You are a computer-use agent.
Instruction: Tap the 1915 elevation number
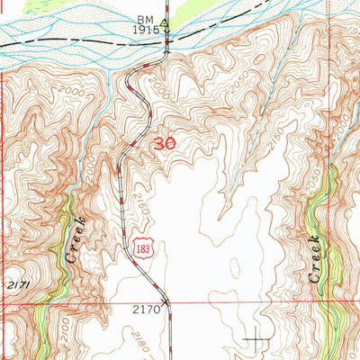pyautogui.click(x=148, y=30)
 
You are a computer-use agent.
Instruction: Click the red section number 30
pyautogui.click(x=164, y=144)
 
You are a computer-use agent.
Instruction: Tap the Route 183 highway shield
pyautogui.click(x=139, y=256)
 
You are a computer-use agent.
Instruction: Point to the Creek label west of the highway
pyautogui.click(x=75, y=239)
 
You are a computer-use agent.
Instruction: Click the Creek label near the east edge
pyautogui.click(x=314, y=260)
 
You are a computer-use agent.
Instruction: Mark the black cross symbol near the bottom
pyautogui.click(x=257, y=339)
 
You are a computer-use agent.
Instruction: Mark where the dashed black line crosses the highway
pyautogui.click(x=166, y=37)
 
